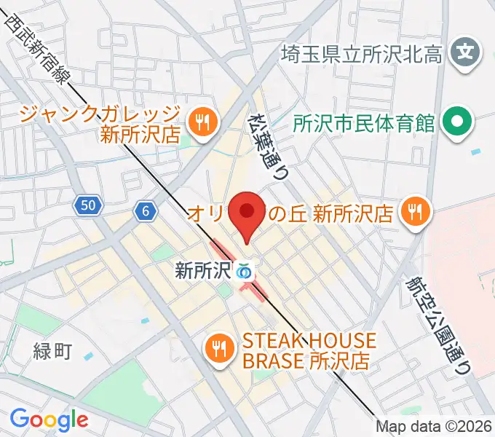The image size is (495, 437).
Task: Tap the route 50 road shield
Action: [87, 207]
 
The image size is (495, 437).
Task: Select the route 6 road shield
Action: [146, 211]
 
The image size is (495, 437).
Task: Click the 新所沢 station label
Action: [202, 272]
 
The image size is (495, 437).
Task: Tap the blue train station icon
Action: [244, 272]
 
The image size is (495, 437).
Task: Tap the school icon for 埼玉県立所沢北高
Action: [465, 52]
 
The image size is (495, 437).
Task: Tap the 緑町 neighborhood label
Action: [52, 353]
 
